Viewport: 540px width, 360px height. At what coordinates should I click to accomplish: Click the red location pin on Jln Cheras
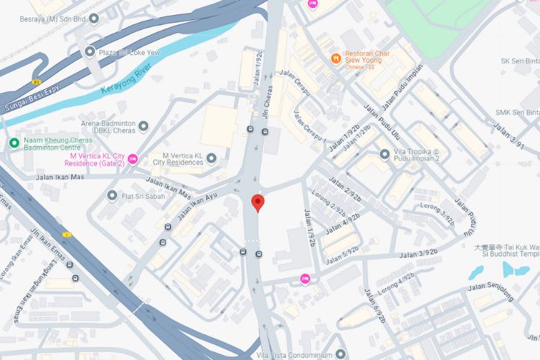tap(256, 203)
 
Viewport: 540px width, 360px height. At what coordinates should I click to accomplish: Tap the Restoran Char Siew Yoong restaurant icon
tap(335, 58)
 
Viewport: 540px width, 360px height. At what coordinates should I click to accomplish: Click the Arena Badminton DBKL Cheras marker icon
tap(143, 126)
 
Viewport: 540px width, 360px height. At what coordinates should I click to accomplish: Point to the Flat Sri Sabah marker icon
tap(112, 195)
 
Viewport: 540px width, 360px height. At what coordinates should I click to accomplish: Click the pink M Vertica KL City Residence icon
tap(132, 159)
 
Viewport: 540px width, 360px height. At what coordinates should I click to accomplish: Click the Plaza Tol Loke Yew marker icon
tap(89, 51)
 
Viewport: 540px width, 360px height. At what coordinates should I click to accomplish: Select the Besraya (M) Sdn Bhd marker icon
tap(94, 18)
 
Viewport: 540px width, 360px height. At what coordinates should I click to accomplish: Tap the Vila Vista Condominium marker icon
tap(340, 354)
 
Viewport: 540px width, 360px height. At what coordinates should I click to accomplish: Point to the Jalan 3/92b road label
tap(419, 253)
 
